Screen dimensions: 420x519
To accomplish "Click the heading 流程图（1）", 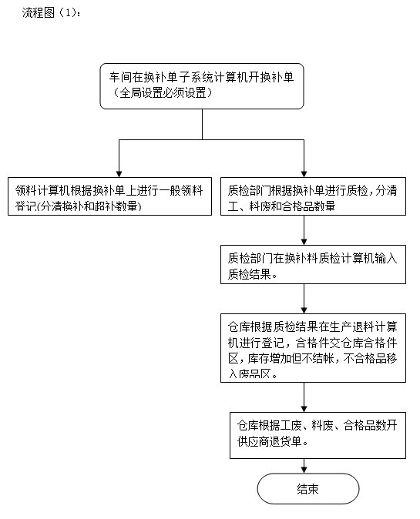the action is [51, 12].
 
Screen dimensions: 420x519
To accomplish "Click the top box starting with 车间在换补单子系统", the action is [202, 86].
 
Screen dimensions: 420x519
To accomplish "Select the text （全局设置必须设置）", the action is [163, 92].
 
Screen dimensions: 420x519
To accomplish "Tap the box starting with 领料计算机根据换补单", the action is [109, 196].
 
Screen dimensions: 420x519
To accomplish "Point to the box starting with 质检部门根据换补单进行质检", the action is [313, 196].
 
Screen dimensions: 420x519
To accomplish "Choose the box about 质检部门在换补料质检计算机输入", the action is [313, 264].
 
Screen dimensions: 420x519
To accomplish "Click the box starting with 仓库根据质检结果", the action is [313, 348].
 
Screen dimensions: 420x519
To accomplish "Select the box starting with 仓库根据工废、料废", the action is [318, 435].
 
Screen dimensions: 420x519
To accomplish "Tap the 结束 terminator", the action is [308, 489].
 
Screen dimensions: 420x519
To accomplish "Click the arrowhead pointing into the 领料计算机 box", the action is [119, 174].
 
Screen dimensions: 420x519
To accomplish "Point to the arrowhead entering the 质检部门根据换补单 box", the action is [304, 174].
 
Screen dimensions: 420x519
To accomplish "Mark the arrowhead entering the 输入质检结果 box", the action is [304, 242].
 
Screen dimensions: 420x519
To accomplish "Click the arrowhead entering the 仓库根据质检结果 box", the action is [304, 310].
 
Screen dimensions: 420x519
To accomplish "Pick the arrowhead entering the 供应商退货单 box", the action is [304, 409].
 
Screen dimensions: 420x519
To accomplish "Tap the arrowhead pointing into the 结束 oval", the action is [304, 470].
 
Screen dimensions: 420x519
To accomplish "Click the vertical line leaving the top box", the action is [202, 124].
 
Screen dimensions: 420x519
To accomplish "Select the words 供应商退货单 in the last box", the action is [269, 441].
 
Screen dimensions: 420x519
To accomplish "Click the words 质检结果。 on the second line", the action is [253, 274].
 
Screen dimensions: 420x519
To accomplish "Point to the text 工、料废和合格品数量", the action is [281, 206].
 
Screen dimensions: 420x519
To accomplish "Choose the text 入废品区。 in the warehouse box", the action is [253, 374].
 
